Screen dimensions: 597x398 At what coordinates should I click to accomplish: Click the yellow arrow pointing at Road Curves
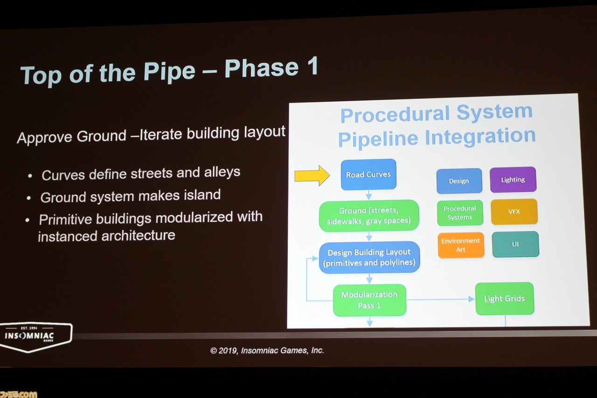[312, 175]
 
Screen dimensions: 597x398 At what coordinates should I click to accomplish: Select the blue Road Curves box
[368, 175]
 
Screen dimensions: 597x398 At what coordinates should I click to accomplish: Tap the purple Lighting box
[513, 180]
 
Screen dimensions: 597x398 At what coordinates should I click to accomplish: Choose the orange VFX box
[514, 212]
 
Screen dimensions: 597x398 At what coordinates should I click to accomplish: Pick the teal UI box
[515, 244]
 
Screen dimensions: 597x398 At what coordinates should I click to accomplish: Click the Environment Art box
[460, 245]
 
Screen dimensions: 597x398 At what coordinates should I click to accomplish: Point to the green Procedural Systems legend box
[460, 213]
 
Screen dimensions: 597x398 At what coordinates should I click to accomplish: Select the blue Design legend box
[459, 181]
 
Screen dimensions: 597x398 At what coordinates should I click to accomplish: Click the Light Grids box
[505, 299]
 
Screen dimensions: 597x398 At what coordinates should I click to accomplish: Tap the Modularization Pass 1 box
[369, 300]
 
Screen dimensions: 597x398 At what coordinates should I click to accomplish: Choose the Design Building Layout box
[369, 258]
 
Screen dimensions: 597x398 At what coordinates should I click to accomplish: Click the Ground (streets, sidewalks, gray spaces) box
[369, 216]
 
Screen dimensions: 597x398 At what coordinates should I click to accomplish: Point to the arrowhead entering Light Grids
[472, 300]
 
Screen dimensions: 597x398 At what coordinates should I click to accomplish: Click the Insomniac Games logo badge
[36, 337]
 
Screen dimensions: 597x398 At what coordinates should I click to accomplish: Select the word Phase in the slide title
[262, 68]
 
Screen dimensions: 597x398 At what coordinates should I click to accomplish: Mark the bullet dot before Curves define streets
[30, 176]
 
